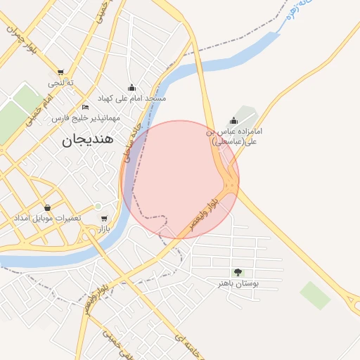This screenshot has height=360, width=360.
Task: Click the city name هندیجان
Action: click(88, 139)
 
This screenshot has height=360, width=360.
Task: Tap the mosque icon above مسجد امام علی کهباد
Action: click(131, 88)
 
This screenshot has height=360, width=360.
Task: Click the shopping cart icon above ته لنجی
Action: click(61, 72)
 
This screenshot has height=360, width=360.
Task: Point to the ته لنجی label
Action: click(61, 83)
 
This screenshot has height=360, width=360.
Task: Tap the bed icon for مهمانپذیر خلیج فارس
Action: click(85, 108)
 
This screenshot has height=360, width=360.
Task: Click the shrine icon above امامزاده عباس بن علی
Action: click(233, 121)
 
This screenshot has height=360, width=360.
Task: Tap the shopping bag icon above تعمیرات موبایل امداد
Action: click(47, 208)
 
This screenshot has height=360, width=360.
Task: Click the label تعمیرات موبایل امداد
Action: click(47, 219)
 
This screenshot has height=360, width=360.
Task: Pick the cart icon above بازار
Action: click(104, 219)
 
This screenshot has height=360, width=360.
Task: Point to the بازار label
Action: click(104, 229)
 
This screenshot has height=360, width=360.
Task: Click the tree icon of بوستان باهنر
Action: click(238, 272)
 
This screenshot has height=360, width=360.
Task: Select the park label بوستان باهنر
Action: click(238, 283)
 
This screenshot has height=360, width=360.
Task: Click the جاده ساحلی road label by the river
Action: click(131, 145)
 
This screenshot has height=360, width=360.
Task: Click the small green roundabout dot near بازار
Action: click(98, 206)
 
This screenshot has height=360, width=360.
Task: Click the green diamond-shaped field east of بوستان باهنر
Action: click(314, 295)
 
